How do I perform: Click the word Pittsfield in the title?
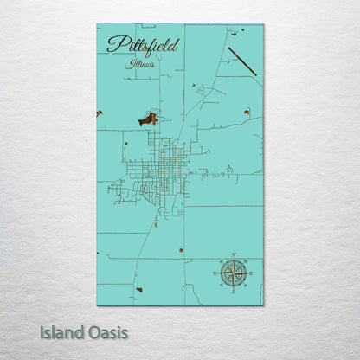pos(142,45)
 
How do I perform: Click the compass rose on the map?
pos(232,273)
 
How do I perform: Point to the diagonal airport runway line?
pos(241,61)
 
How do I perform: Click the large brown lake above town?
pos(149,119)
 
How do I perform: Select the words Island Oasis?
pos(84,331)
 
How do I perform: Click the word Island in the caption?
pos(60,331)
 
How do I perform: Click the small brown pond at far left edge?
pos(100,113)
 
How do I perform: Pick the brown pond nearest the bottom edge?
pos(138,289)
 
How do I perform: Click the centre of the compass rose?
pos(232,273)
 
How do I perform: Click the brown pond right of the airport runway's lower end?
pos(247,112)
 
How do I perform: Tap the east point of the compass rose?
pos(248,273)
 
